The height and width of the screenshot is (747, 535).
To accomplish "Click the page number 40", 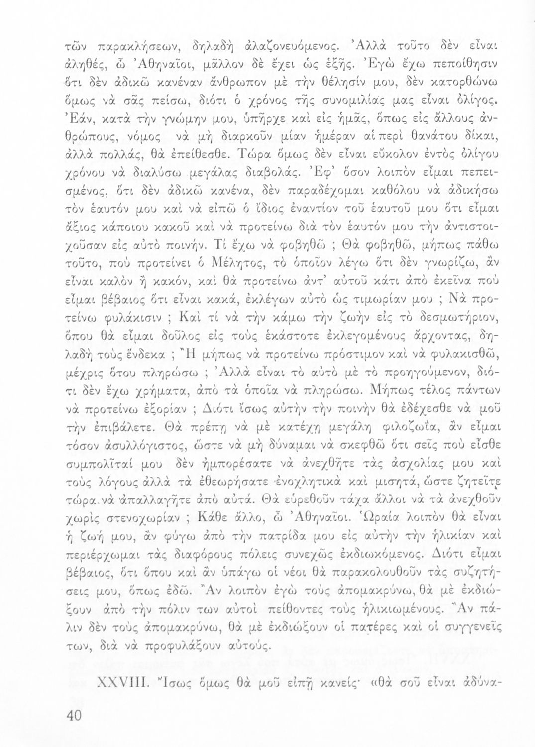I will click(73, 716).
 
